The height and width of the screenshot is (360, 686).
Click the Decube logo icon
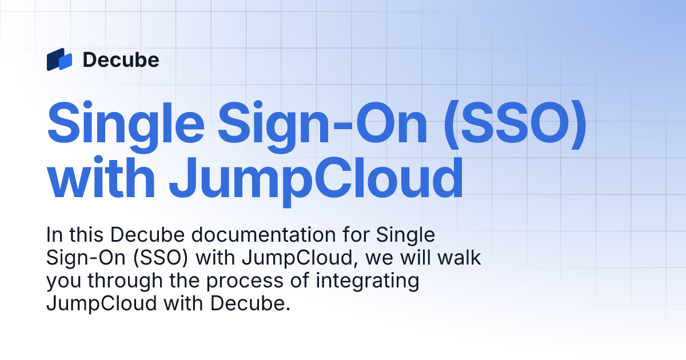coord(59,59)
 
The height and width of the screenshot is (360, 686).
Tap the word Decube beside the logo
coord(121,59)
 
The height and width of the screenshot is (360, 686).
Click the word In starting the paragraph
coord(53,235)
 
